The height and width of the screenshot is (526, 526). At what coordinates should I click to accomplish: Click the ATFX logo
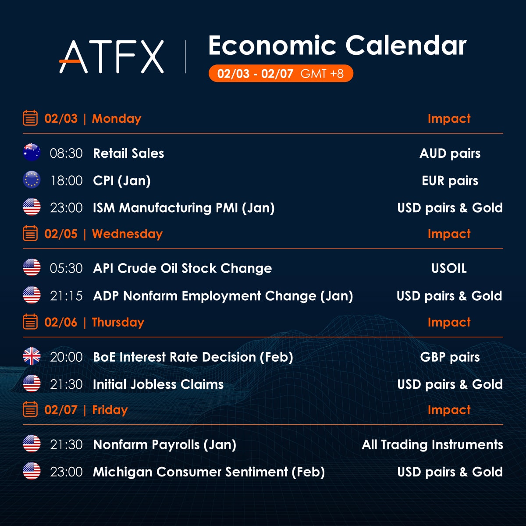pyautogui.click(x=111, y=57)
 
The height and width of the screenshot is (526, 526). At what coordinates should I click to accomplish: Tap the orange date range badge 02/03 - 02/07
pyautogui.click(x=281, y=73)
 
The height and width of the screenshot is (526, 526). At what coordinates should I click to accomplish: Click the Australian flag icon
pyautogui.click(x=32, y=152)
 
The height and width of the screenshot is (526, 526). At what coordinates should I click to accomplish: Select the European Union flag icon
pyautogui.click(x=32, y=180)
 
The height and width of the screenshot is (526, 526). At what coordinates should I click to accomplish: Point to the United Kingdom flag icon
pyautogui.click(x=32, y=356)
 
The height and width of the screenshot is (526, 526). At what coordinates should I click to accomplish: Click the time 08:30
pyautogui.click(x=66, y=153)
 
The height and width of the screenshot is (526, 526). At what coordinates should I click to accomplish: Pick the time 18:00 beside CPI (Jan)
pyautogui.click(x=67, y=181)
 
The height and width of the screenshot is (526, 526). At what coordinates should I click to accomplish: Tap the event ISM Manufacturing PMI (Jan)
pyautogui.click(x=184, y=208)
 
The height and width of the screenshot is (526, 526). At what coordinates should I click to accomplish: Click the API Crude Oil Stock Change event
pyautogui.click(x=182, y=269)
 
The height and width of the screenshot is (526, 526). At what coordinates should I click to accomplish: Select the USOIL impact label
pyautogui.click(x=449, y=268)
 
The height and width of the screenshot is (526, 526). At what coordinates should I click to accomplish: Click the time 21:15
pyautogui.click(x=66, y=296)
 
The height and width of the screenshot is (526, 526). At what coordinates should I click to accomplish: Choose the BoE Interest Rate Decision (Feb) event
pyautogui.click(x=193, y=357)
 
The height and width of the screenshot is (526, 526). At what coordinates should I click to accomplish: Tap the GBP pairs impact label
pyautogui.click(x=450, y=357)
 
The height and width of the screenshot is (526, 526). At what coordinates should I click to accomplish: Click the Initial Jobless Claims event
pyautogui.click(x=158, y=384)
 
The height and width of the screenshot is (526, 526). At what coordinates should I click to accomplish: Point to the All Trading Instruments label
pyautogui.click(x=432, y=444)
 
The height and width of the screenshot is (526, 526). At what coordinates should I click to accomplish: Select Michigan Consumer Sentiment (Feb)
pyautogui.click(x=209, y=472)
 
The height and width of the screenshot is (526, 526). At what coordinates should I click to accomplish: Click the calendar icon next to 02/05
pyautogui.click(x=30, y=233)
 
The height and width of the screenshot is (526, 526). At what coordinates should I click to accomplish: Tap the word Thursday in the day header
pyautogui.click(x=118, y=322)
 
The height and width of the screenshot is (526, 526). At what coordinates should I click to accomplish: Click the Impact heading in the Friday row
pyautogui.click(x=449, y=410)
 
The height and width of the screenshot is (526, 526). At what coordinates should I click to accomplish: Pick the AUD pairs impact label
pyautogui.click(x=450, y=153)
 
